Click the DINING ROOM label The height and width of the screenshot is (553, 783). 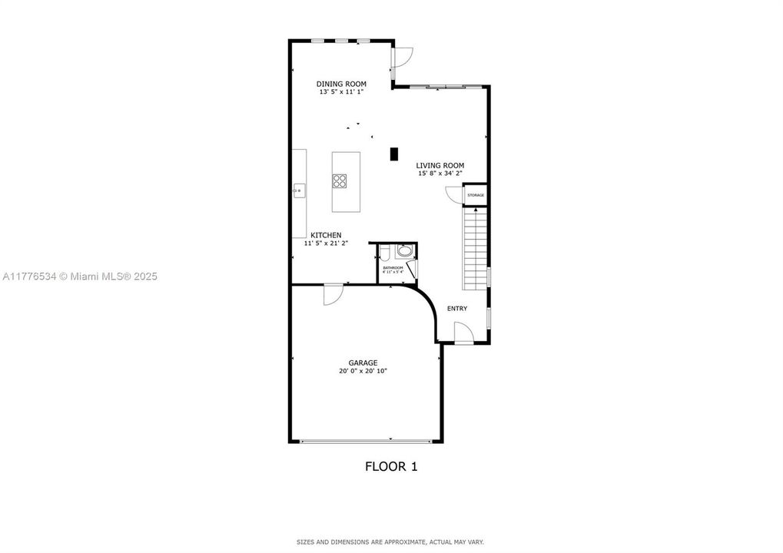tap(341, 84)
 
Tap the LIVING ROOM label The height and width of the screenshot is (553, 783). tap(440, 165)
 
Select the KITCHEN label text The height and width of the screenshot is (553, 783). tap(326, 235)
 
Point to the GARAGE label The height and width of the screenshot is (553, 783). tap(363, 363)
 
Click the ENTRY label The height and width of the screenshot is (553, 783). tap(457, 309)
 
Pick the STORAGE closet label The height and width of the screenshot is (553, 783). tap(476, 195)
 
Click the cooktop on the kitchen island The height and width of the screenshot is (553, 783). tap(340, 181)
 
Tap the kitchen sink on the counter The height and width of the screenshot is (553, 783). tap(299, 188)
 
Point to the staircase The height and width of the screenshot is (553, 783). tap(475, 247)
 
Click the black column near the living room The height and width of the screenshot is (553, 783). tap(394, 154)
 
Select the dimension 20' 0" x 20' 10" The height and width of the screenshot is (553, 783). tap(363, 371)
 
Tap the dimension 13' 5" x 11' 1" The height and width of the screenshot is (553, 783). tap(341, 92)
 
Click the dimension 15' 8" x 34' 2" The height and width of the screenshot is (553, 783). tap(440, 174)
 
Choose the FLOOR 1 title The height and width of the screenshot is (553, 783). tap(390, 465)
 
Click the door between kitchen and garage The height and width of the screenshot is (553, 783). tap(333, 293)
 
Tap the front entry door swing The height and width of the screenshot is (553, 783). tap(463, 333)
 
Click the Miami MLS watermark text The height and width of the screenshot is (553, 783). tap(79, 276)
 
